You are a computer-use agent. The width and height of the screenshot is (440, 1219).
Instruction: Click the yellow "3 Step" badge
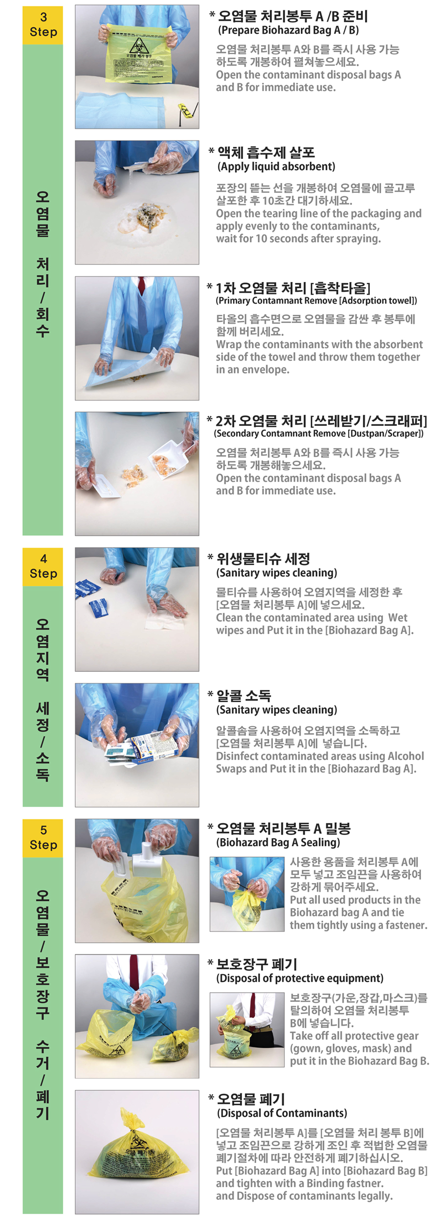pyautogui.click(x=43, y=25)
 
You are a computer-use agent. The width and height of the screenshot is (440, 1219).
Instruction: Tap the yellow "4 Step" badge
pyautogui.click(x=43, y=566)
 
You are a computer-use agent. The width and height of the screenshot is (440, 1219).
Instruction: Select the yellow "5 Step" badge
pyautogui.click(x=43, y=838)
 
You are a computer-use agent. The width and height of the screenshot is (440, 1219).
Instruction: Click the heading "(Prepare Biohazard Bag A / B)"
pyautogui.click(x=288, y=30)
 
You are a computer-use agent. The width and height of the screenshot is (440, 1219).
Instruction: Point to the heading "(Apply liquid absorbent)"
pyautogui.click(x=276, y=166)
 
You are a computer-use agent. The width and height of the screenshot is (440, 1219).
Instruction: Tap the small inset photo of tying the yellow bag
pyautogui.click(x=246, y=893)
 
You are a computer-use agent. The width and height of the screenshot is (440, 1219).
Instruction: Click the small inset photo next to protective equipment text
pyautogui.click(x=246, y=1029)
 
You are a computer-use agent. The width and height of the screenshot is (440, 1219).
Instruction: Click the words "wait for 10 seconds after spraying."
pyautogui.click(x=298, y=239)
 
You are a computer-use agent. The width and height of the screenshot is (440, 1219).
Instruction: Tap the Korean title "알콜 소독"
pyautogui.click(x=243, y=695)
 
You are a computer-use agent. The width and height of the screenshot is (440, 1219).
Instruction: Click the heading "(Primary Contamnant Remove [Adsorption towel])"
pyautogui.click(x=316, y=300)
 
